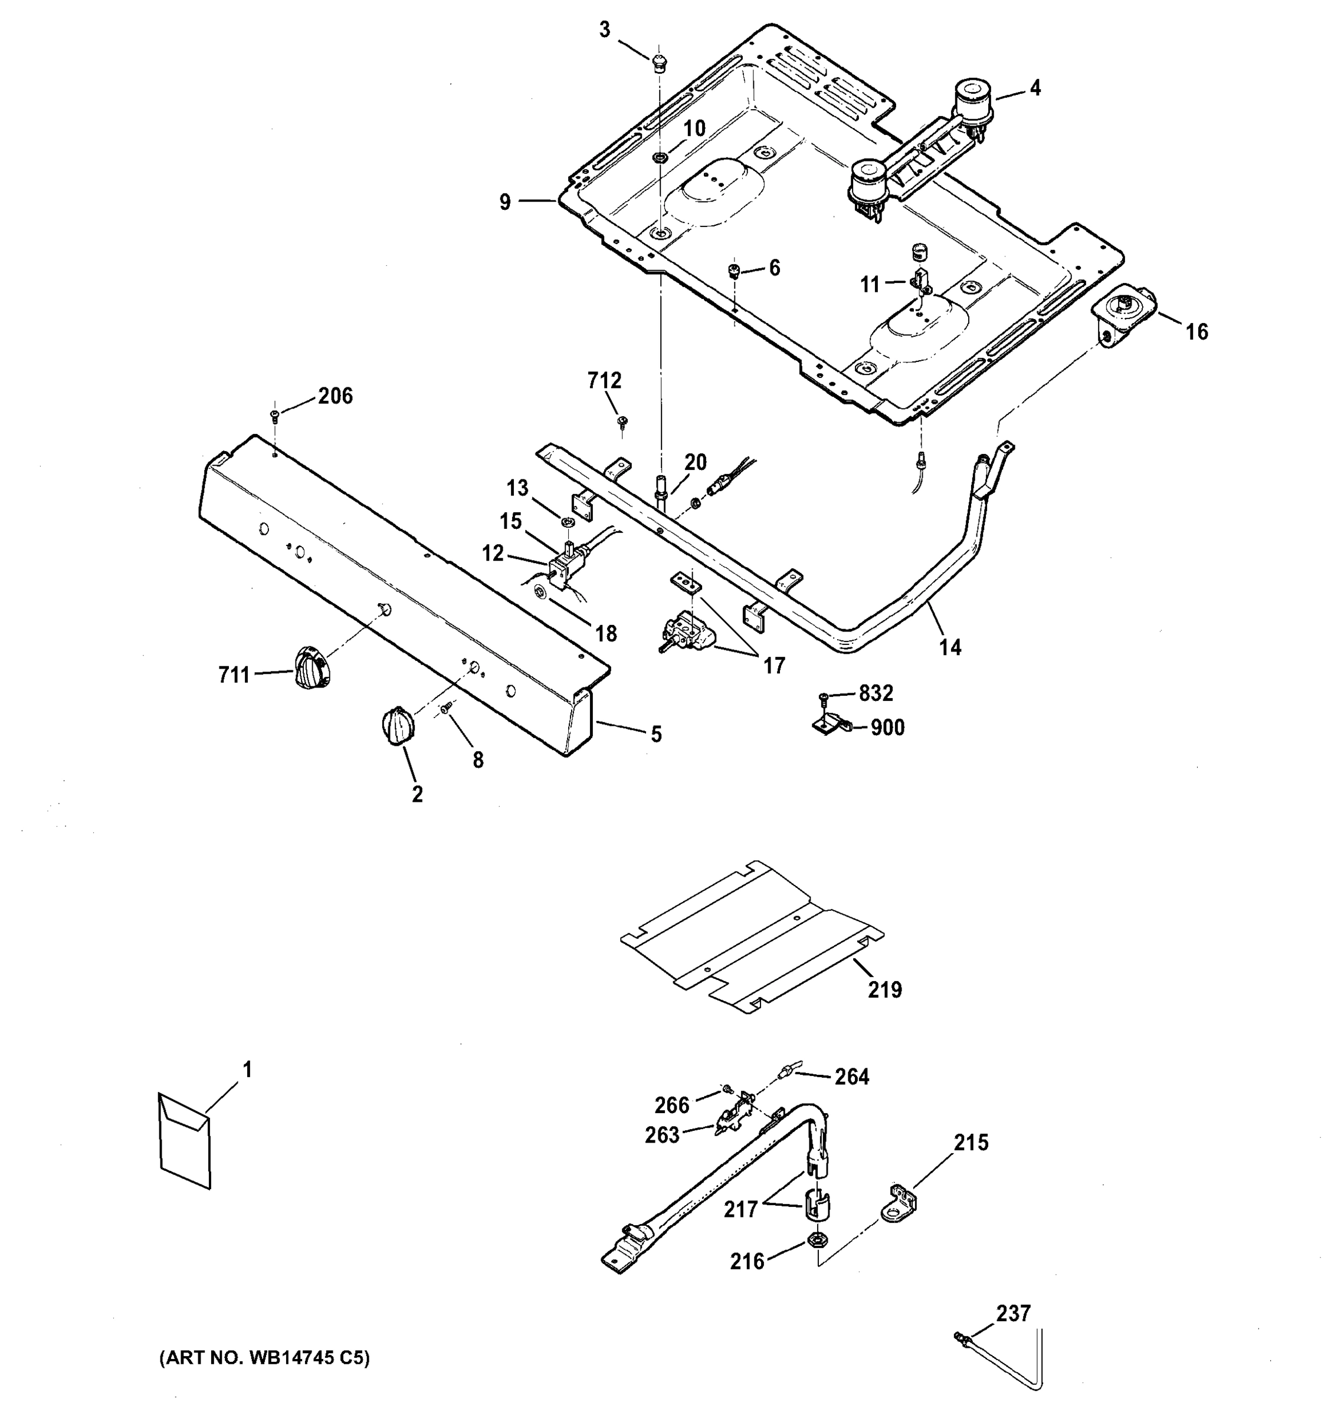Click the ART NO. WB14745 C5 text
pos(264,1358)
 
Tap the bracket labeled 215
pos(900,1203)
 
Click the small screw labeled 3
pos(660,62)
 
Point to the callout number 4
pos(1035,88)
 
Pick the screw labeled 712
pos(622,422)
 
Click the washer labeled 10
pos(660,157)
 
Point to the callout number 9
pos(505,202)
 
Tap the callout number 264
pos(852,1077)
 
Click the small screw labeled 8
pos(447,708)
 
